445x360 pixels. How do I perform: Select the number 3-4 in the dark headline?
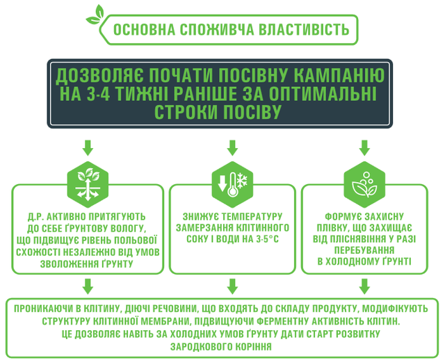(x=98, y=94)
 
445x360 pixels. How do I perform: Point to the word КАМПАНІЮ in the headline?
(x=339, y=75)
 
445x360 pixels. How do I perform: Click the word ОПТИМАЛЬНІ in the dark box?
(x=323, y=94)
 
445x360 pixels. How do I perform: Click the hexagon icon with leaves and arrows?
(x=88, y=184)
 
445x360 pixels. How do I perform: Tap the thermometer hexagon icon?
(x=232, y=184)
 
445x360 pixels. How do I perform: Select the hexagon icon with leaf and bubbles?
(x=364, y=184)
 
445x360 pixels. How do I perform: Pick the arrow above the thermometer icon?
(x=232, y=147)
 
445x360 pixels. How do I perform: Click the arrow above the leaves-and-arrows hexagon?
(x=88, y=147)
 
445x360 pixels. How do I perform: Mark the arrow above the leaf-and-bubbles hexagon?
(x=364, y=147)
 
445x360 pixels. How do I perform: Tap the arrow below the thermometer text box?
(x=232, y=286)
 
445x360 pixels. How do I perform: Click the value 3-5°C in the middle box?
(x=267, y=240)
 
